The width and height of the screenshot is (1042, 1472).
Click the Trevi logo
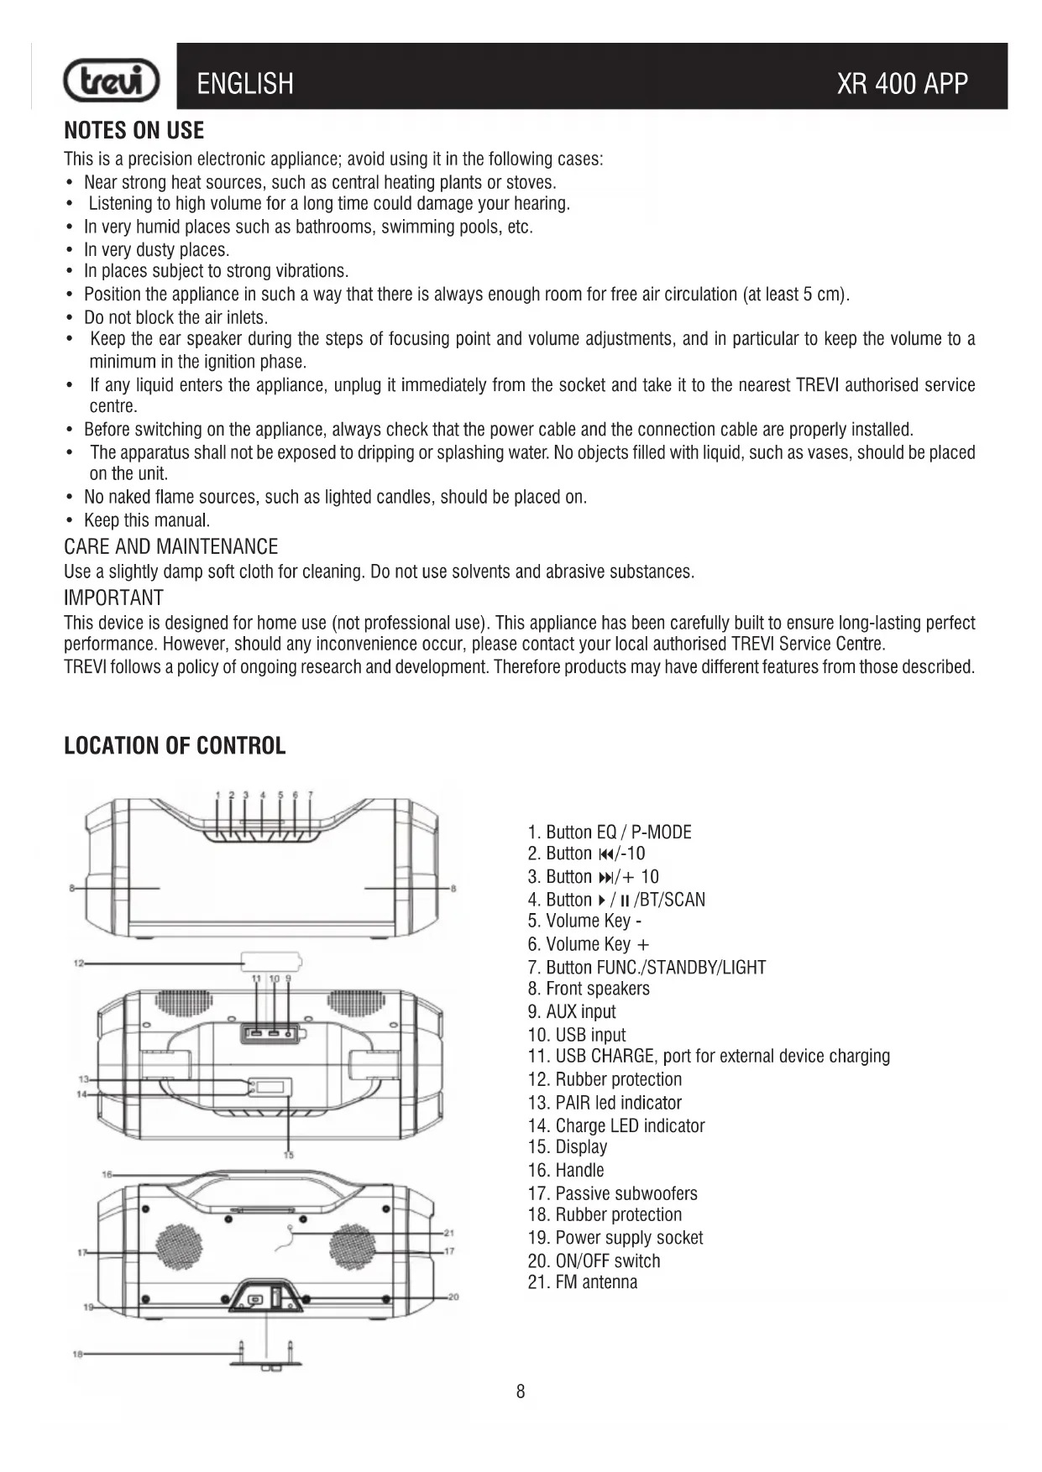[x=112, y=81]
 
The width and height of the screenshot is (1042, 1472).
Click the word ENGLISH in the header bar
[x=245, y=84]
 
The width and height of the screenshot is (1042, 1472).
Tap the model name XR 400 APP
[x=902, y=84]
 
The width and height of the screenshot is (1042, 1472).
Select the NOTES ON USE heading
[x=134, y=131]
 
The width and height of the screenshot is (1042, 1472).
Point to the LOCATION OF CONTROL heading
[x=175, y=746]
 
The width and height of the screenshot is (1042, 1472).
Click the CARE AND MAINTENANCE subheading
[x=170, y=547]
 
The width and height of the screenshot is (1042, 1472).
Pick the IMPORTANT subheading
[x=113, y=598]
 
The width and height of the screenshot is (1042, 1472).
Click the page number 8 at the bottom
[x=521, y=1391]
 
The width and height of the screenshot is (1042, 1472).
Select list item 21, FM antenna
[x=583, y=1282]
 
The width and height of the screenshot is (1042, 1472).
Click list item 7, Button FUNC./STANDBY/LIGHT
[x=647, y=968]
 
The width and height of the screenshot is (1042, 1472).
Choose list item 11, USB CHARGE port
[x=709, y=1057]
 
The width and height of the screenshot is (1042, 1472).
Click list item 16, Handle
[x=566, y=1171]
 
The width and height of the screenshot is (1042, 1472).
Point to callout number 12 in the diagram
[x=78, y=963]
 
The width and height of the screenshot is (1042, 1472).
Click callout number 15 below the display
[x=289, y=1156]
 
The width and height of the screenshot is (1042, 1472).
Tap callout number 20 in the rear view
[x=453, y=1297]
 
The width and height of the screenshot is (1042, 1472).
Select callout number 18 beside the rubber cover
[x=77, y=1354]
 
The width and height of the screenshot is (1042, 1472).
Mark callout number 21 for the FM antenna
[x=449, y=1233]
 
